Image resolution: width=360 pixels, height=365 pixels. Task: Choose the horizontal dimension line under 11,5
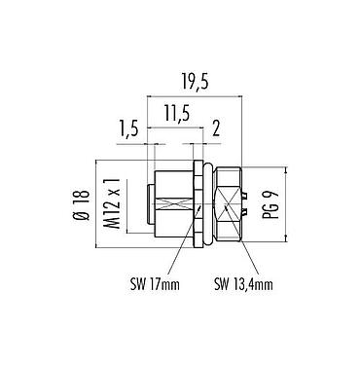[176, 128]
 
